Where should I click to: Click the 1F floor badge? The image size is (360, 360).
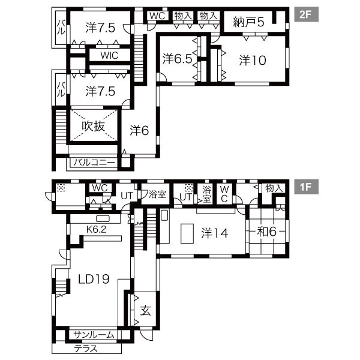(306, 187)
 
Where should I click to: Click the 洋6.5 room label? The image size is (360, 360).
(176, 59)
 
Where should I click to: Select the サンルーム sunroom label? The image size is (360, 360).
(94, 335)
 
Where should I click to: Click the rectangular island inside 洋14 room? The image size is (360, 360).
(187, 232)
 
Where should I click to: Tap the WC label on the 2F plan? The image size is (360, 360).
(157, 16)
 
